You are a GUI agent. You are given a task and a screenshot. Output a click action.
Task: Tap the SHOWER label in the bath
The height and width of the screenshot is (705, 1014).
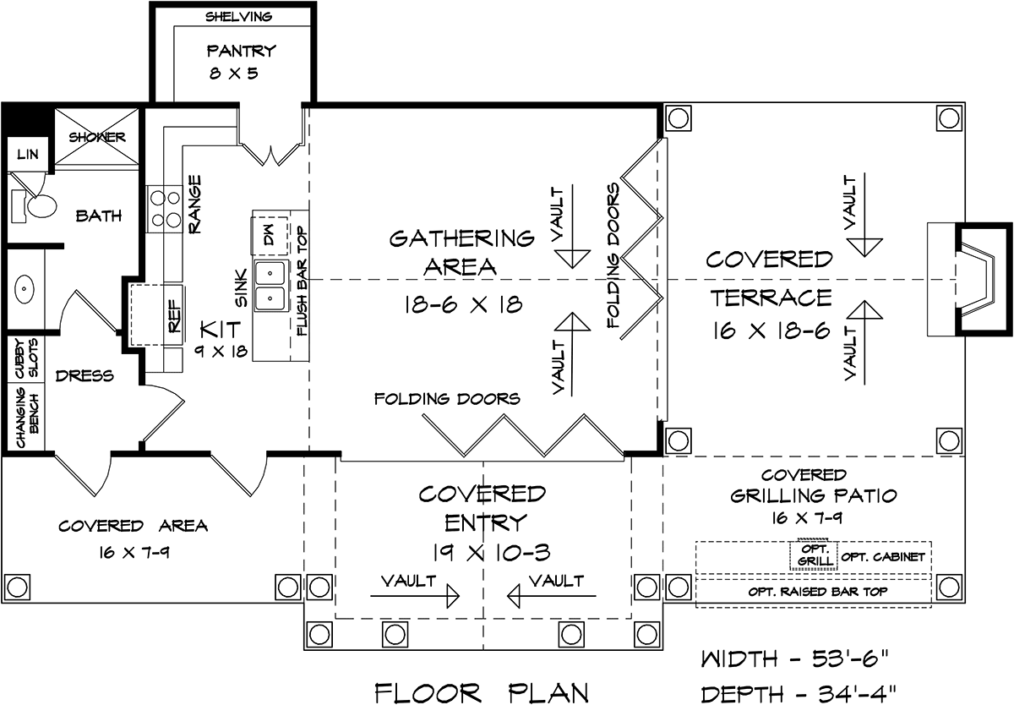click(x=97, y=137)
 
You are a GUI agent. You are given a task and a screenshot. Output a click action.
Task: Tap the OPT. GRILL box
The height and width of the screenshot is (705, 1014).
click(x=813, y=554)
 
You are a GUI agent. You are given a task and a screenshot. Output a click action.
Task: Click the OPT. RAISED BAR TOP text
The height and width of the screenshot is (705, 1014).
click(x=817, y=591)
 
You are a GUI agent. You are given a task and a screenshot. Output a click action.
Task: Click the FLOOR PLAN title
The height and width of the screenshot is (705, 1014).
click(x=481, y=692)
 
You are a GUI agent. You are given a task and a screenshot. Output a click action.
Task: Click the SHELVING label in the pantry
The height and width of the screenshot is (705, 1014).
click(x=238, y=16)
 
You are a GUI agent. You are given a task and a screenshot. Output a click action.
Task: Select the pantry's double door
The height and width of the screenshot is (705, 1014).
click(x=270, y=149)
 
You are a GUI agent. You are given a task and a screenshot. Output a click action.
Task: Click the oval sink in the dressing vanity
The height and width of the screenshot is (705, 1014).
click(x=24, y=290)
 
